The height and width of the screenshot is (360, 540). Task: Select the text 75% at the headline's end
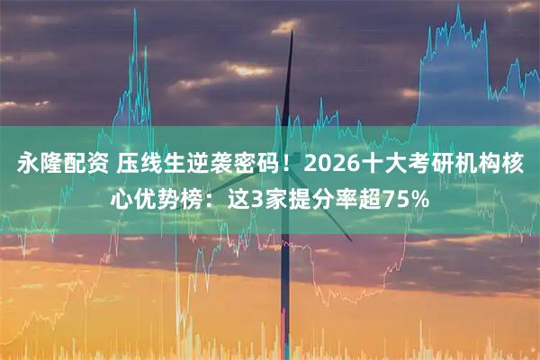pyautogui.click(x=403, y=197)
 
